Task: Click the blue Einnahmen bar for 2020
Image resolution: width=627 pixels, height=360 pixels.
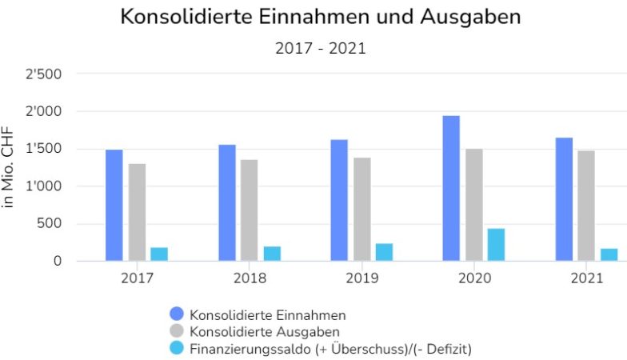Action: tap(451, 189)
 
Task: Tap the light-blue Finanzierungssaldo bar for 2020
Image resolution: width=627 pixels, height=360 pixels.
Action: tap(496, 245)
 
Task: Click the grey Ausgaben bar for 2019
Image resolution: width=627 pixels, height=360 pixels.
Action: tap(362, 209)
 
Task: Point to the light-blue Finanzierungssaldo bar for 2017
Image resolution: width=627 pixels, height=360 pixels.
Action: tap(159, 254)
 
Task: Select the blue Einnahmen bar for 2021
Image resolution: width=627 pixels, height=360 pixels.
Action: tap(564, 199)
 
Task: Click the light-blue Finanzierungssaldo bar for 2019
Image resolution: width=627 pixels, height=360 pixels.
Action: tap(384, 252)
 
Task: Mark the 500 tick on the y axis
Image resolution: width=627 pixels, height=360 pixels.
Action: tap(50, 224)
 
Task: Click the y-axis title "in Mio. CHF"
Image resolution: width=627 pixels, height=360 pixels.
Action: tap(9, 168)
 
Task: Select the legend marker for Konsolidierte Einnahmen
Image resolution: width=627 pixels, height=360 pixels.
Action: tap(178, 314)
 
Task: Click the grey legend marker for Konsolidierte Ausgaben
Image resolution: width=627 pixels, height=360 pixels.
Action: tap(178, 331)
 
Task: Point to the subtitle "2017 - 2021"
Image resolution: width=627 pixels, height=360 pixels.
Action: tap(320, 48)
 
